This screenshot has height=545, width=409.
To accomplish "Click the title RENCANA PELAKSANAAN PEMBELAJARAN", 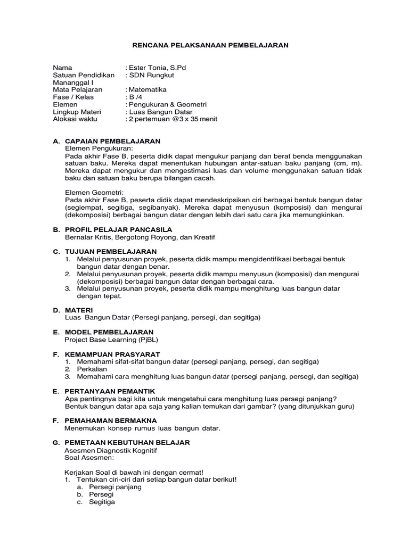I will coord(210,46).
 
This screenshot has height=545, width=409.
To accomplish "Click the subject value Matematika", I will coord(147,90).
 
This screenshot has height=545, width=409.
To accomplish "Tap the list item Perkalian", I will coord(92,369).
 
